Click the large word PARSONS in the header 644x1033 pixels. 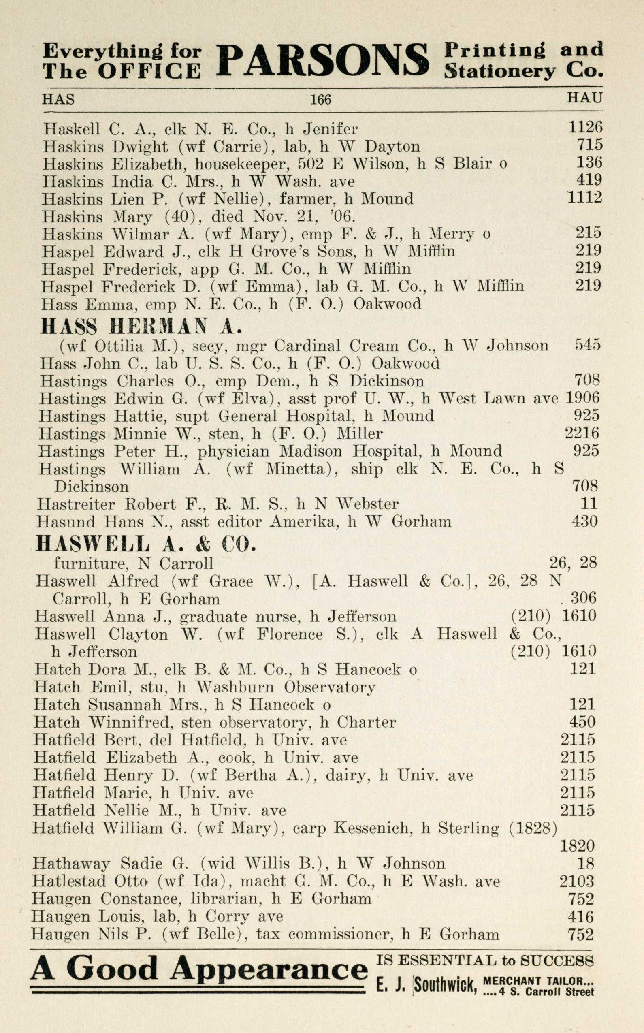point(322,61)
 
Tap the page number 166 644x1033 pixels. point(320,99)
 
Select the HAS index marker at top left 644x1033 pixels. point(58,99)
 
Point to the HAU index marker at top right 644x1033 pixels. point(584,98)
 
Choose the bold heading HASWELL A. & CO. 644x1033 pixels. point(146,544)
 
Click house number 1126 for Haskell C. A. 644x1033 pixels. point(586,126)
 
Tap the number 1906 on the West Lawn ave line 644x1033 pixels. point(582,397)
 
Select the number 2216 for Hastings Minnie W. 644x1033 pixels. point(582,433)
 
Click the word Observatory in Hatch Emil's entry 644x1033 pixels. point(330,687)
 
